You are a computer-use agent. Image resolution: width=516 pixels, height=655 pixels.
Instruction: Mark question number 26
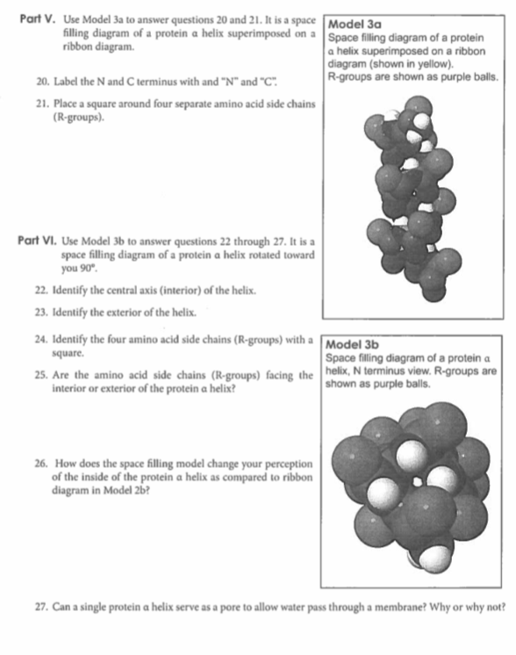[x=40, y=461]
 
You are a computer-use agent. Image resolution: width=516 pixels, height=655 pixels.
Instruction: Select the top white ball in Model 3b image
[x=412, y=455]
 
